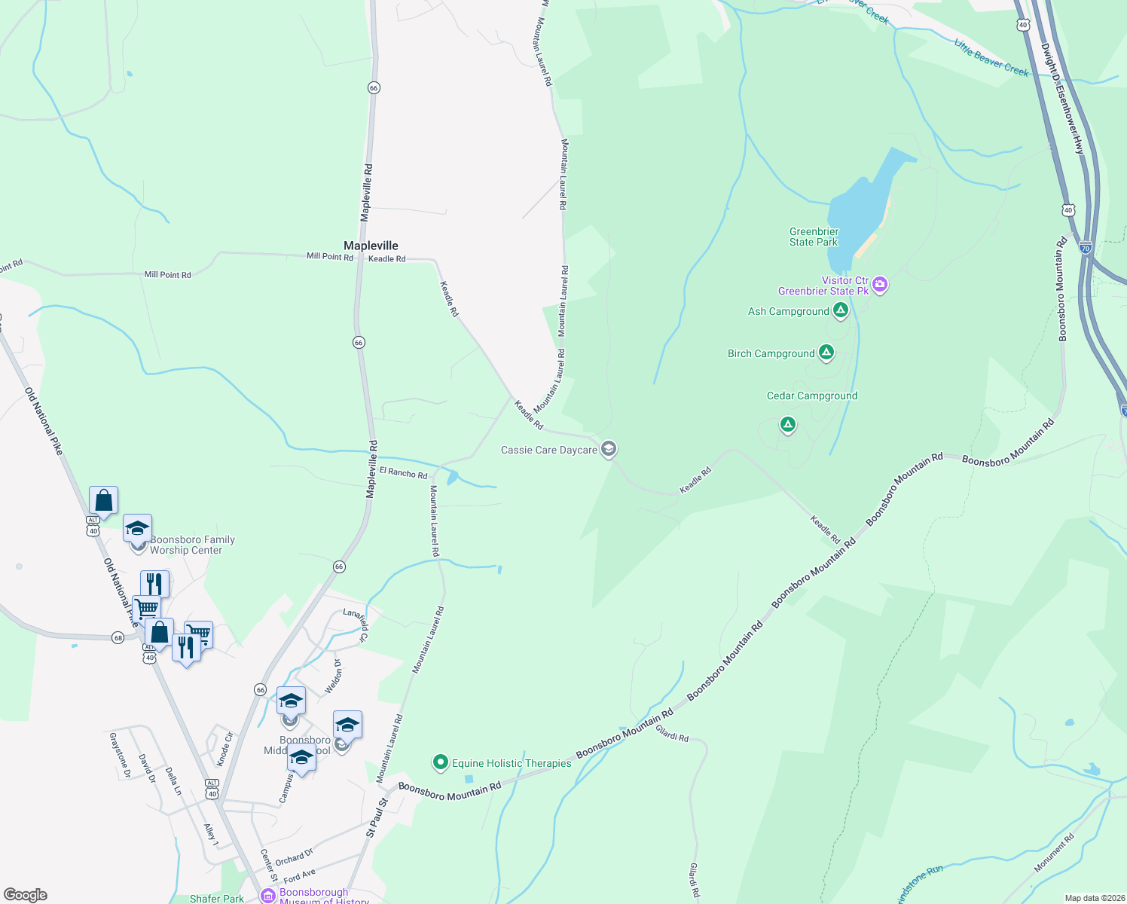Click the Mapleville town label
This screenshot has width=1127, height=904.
click(x=371, y=246)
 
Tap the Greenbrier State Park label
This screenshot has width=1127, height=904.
click(x=814, y=237)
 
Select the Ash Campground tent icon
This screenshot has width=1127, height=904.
click(x=841, y=310)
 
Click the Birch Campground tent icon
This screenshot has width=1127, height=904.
click(x=826, y=353)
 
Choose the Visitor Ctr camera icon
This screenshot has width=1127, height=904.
click(x=880, y=285)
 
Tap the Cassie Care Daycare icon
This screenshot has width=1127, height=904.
click(x=609, y=450)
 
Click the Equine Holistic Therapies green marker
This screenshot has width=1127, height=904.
click(x=441, y=762)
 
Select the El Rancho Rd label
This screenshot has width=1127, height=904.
click(x=403, y=473)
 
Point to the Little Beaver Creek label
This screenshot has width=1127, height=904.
click(x=991, y=58)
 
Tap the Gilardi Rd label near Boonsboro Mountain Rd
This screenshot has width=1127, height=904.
click(x=672, y=734)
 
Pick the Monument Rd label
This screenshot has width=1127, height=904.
click(x=1054, y=853)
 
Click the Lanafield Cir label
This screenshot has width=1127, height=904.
click(x=356, y=625)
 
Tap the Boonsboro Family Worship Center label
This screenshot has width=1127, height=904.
click(x=192, y=545)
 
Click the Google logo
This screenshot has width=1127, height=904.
click(x=26, y=895)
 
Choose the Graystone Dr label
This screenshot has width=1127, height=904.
click(x=121, y=755)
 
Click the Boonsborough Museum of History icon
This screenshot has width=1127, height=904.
click(x=267, y=896)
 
